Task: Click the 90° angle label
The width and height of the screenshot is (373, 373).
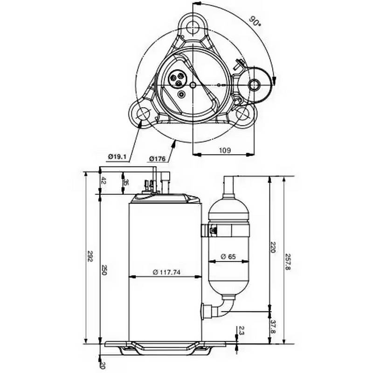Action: (x=254, y=21)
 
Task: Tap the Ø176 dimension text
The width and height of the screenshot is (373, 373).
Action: (x=158, y=159)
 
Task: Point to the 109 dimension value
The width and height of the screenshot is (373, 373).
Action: (x=225, y=150)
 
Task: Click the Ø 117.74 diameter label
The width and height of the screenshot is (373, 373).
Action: (x=166, y=273)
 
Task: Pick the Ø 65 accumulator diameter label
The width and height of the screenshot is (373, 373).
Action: (x=229, y=256)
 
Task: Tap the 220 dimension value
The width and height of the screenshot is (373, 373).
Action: (x=273, y=248)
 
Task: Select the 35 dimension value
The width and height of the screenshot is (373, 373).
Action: (x=126, y=182)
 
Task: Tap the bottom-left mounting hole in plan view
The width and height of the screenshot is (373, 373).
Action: (x=141, y=113)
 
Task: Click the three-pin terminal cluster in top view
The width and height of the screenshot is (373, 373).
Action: (x=178, y=78)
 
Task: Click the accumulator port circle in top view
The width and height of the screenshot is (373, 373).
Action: (x=255, y=85)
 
